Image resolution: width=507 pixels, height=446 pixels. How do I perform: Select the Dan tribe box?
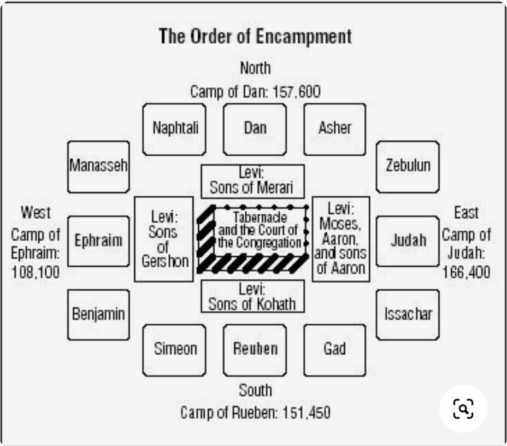click(255, 129)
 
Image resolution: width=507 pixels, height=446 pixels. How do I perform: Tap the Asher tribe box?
click(334, 129)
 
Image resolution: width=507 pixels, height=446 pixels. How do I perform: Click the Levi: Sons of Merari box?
click(252, 181)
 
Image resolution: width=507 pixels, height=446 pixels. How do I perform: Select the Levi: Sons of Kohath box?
click(252, 296)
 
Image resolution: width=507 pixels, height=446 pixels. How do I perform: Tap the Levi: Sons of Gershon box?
click(163, 239)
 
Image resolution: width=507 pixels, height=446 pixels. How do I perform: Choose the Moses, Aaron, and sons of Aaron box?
click(340, 239)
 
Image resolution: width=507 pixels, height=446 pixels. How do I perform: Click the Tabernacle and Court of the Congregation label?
click(259, 230)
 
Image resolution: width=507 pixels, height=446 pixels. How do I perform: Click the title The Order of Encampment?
click(255, 37)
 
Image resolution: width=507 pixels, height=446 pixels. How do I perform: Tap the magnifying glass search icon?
click(463, 409)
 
